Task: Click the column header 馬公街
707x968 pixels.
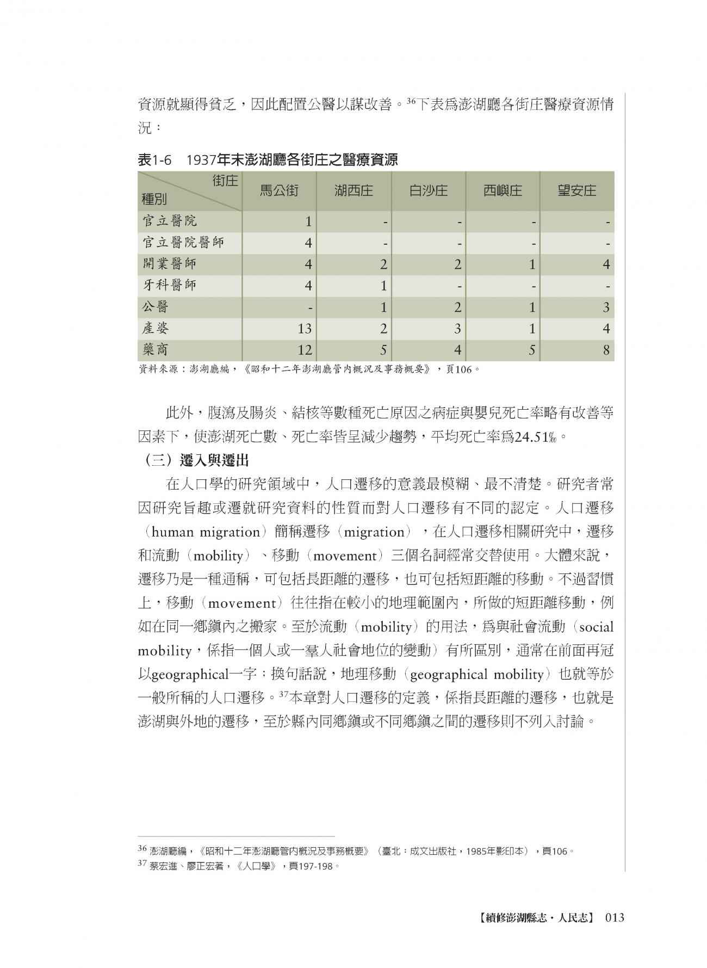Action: coord(279,191)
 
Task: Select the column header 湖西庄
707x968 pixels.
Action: coord(353,191)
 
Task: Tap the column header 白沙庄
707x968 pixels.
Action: coord(428,191)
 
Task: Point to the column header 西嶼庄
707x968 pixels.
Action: coord(503,191)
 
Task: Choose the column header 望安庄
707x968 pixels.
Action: coord(576,191)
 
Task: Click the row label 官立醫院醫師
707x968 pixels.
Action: coord(183,242)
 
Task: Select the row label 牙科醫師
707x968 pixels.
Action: coord(169,285)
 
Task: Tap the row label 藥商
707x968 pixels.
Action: coord(156,349)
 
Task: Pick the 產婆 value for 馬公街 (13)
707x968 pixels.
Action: coord(305,329)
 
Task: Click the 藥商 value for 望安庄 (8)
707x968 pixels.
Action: coord(606,350)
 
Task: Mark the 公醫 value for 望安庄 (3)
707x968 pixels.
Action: coord(606,307)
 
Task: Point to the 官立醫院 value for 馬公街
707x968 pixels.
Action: coord(308,221)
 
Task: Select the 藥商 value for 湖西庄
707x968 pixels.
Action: coord(383,350)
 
